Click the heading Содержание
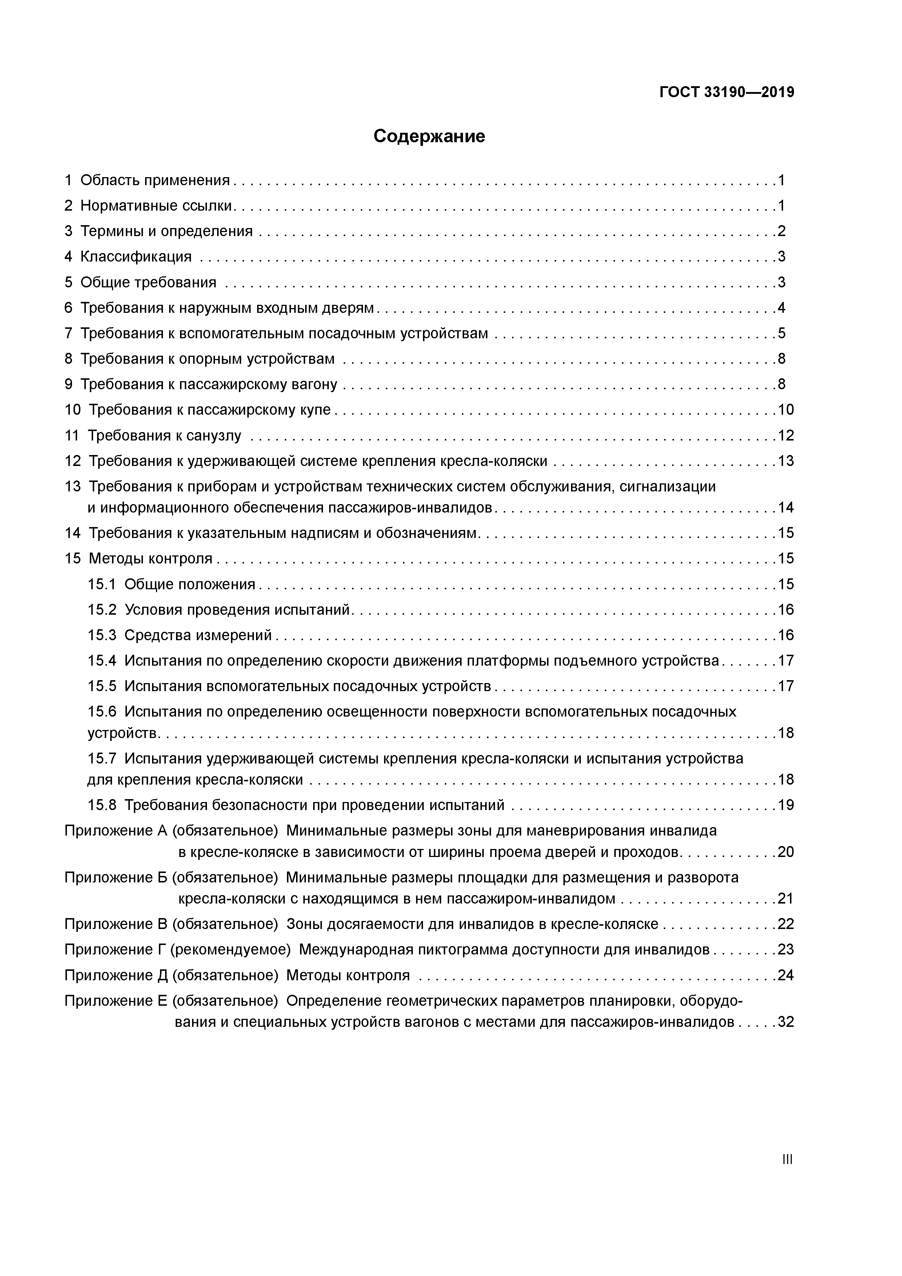429,136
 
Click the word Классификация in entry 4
136,257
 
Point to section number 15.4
102,661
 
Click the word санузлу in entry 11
213,436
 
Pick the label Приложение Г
115,950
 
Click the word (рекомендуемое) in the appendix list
230,950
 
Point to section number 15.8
102,805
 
